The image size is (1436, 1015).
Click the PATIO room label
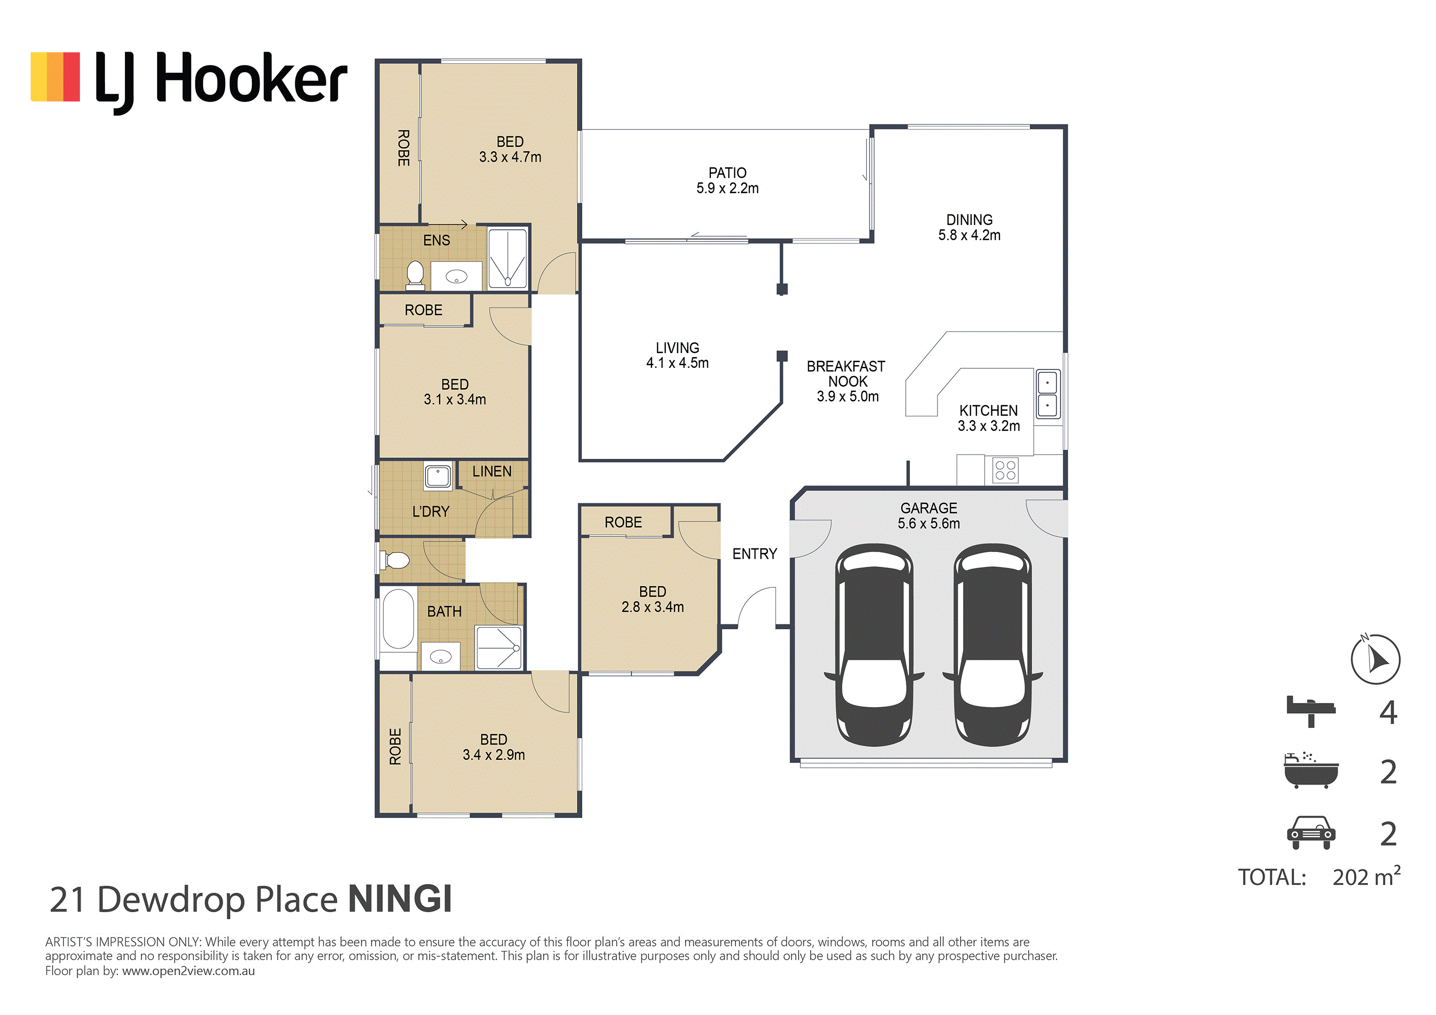click(727, 172)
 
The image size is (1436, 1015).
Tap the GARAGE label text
click(929, 508)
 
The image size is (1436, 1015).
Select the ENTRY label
click(755, 554)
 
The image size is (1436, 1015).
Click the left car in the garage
click(875, 645)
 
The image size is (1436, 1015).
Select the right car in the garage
click(993, 645)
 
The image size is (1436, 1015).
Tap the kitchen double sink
click(1048, 393)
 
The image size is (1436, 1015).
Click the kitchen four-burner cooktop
click(1005, 470)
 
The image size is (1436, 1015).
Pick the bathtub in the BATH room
click(398, 619)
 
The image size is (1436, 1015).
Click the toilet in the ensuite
click(415, 276)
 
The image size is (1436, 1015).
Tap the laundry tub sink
click(438, 476)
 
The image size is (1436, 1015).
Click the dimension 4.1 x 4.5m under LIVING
click(678, 363)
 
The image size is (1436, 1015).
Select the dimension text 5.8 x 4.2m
click(969, 235)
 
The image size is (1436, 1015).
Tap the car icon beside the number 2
click(1311, 832)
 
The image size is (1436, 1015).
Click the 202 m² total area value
click(1366, 876)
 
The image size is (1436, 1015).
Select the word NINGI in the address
click(400, 899)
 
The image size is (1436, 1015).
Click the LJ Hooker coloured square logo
click(55, 76)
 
